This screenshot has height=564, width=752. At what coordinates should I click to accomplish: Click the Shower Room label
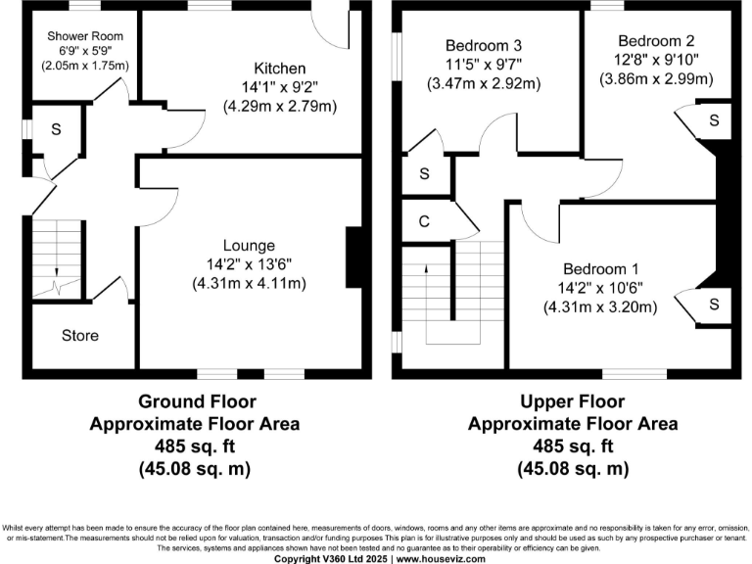(x=85, y=36)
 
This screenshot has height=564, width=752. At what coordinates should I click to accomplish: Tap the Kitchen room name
(x=280, y=69)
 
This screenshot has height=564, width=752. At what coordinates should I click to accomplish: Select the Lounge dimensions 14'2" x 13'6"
(x=249, y=264)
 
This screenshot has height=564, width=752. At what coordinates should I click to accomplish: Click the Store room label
(x=80, y=335)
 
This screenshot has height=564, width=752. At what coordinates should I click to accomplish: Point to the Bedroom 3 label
(x=484, y=46)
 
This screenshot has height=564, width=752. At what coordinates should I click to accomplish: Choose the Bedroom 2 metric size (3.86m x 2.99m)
(x=656, y=78)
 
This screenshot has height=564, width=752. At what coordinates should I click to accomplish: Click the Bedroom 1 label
(x=600, y=269)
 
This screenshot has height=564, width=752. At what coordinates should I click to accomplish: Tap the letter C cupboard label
(x=424, y=221)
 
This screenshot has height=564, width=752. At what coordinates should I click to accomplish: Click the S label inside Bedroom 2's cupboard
(x=714, y=120)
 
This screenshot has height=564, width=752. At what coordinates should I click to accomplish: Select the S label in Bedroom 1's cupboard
(x=714, y=305)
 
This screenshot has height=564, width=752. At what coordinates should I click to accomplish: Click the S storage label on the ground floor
(x=56, y=129)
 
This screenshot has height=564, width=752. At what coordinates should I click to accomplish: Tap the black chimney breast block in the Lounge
(x=353, y=258)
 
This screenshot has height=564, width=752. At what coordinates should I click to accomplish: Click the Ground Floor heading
(x=197, y=401)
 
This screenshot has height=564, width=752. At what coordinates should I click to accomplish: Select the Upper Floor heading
(x=573, y=401)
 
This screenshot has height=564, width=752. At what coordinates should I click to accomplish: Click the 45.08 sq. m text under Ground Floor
(x=195, y=468)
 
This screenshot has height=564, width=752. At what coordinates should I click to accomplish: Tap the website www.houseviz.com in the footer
(x=441, y=559)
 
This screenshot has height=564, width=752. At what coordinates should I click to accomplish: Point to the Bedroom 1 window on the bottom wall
(x=634, y=374)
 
